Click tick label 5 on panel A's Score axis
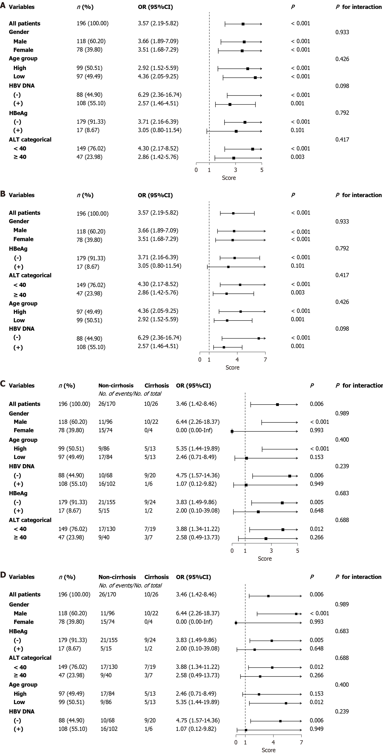click(x=262, y=170)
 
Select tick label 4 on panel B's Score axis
click(x=237, y=359)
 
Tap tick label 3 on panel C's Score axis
click(x=271, y=551)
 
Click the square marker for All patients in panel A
click(x=243, y=24)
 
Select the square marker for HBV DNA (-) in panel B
click(x=259, y=338)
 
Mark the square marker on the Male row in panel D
click(x=296, y=614)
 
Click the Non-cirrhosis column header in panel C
click(x=116, y=385)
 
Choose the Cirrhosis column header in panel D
click(x=157, y=577)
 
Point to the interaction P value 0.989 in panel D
click(x=342, y=604)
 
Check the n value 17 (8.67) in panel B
click(x=88, y=267)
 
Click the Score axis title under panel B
click(x=232, y=367)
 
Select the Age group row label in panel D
click(x=23, y=684)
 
